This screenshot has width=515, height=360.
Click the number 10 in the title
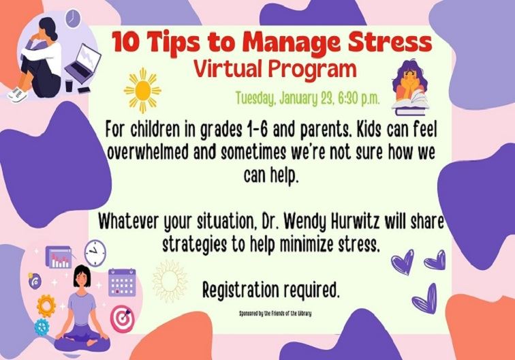124,42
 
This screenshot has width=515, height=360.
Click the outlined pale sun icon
169,282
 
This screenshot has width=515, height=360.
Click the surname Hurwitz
354,222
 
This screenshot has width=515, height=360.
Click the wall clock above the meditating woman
95,252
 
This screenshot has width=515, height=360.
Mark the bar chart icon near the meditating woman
59,258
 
